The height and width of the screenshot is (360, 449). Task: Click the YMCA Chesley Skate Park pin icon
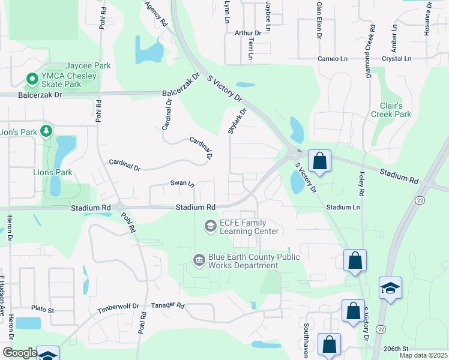pyautogui.click(x=31, y=79)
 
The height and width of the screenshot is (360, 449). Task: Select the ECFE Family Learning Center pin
pyautogui.click(x=210, y=226)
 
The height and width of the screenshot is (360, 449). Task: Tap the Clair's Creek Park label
pyautogui.click(x=391, y=110)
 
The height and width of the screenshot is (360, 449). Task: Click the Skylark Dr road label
pyautogui.click(x=237, y=121)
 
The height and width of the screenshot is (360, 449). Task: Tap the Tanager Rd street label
pyautogui.click(x=167, y=305)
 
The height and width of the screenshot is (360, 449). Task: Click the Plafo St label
pyautogui.click(x=43, y=310)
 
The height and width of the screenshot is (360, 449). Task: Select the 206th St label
pyautogui.click(x=397, y=349)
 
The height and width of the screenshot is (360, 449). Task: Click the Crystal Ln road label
pyautogui.click(x=396, y=59)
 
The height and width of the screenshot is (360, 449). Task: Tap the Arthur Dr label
pyautogui.click(x=249, y=33)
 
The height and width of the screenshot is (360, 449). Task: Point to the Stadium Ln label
pyautogui.click(x=343, y=207)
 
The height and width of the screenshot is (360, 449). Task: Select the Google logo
pyautogui.click(x=19, y=353)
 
